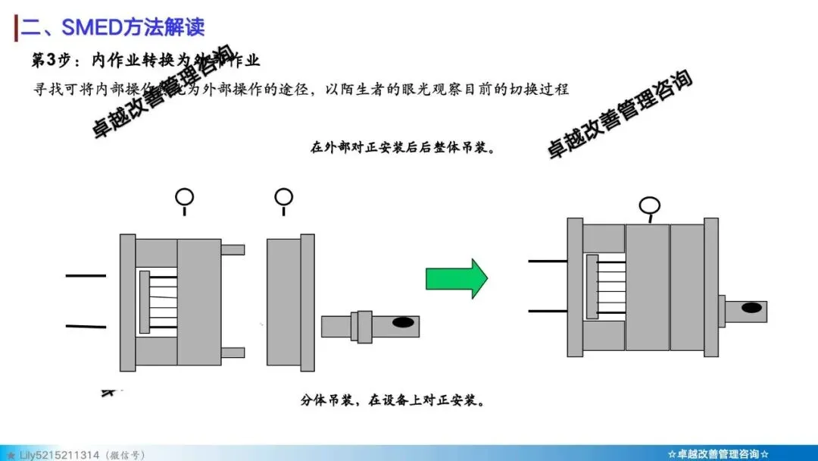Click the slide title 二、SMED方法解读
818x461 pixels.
[113, 27]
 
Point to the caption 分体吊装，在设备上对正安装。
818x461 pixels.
[392, 400]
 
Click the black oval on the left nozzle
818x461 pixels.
[403, 323]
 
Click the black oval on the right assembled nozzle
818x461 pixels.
[752, 308]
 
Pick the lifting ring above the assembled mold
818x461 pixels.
[649, 206]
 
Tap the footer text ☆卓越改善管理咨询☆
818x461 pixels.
[718, 454]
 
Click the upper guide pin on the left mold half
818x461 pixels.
[233, 249]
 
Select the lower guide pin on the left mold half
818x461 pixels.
[233, 352]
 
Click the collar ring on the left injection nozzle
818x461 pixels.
[364, 327]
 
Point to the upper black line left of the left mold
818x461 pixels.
[86, 275]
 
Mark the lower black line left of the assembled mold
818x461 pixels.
[548, 311]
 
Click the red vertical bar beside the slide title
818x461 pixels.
[16, 27]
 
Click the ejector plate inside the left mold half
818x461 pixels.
[144, 302]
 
